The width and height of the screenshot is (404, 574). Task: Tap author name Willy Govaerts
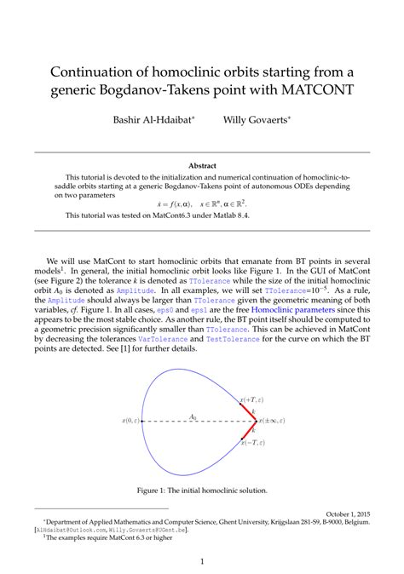255,120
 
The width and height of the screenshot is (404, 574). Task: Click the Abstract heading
202,165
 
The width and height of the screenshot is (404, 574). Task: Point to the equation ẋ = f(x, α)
177,204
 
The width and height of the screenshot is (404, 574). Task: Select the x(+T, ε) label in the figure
251,399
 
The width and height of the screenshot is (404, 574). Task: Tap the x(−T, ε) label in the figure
252,443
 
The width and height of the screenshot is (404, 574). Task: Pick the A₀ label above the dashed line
193,416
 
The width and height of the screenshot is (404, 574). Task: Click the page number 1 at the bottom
202,561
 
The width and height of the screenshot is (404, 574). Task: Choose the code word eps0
165,312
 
